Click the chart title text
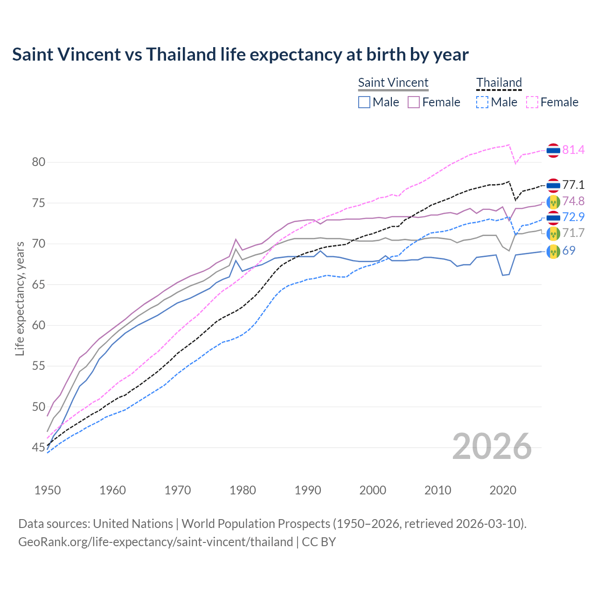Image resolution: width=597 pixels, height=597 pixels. [240, 55]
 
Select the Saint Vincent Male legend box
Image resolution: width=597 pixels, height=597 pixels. [364, 102]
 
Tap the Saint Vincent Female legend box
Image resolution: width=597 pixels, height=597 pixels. [414, 102]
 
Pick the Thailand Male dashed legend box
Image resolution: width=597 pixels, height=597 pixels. [482, 102]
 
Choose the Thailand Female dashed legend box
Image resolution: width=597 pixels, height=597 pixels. [532, 102]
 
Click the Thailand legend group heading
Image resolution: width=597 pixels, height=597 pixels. [499, 83]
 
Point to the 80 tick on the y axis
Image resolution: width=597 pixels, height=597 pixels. [39, 162]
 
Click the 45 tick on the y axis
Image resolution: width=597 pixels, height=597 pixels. [39, 448]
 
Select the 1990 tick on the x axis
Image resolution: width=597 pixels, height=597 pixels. [308, 490]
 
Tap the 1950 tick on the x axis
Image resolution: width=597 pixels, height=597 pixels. [48, 490]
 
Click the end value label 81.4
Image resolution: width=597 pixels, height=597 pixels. [573, 150]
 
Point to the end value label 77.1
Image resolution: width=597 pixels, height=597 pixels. [573, 185]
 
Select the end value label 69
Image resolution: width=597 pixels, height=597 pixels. [569, 251]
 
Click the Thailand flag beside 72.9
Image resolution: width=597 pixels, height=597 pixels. [553, 217]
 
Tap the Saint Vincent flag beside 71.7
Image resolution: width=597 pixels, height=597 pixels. [553, 233]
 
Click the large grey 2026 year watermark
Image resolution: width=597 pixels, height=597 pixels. [492, 446]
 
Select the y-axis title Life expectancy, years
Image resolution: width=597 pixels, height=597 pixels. [20, 298]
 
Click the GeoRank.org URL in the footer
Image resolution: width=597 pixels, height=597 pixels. [155, 542]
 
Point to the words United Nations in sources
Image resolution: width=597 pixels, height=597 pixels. [133, 524]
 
